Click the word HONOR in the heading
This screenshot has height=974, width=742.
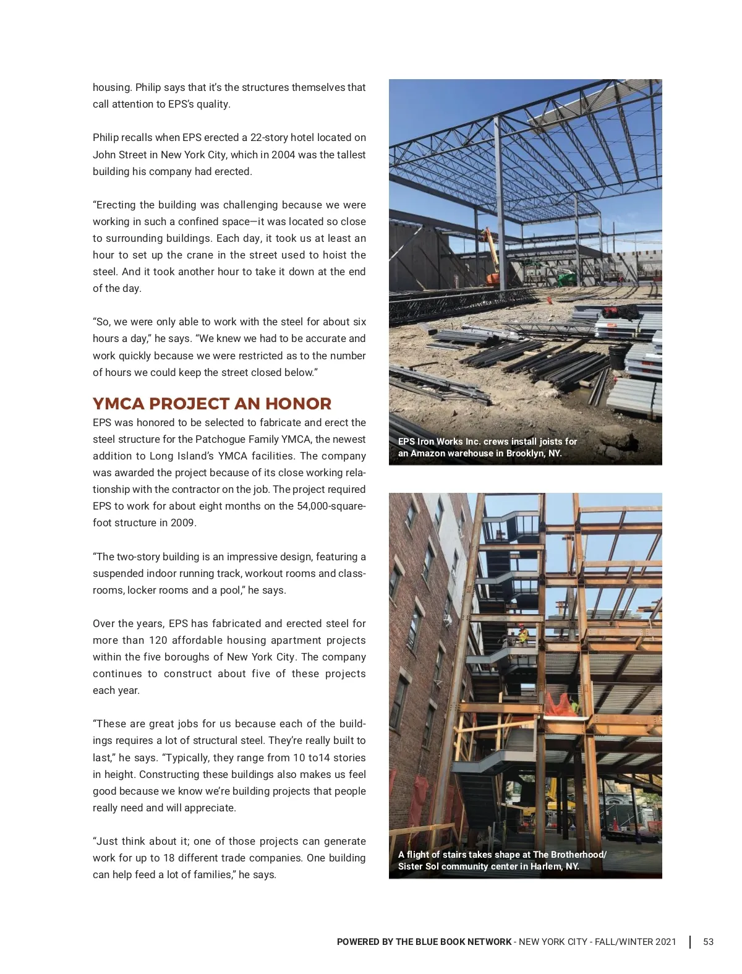(x=298, y=404)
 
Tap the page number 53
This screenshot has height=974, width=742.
(x=708, y=942)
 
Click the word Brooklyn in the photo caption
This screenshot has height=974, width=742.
(x=525, y=453)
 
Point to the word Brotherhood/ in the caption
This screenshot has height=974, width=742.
(x=579, y=855)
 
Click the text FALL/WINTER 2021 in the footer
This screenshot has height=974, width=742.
(x=635, y=942)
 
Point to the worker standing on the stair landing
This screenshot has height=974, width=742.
(x=522, y=634)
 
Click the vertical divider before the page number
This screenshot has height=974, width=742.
(x=690, y=942)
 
